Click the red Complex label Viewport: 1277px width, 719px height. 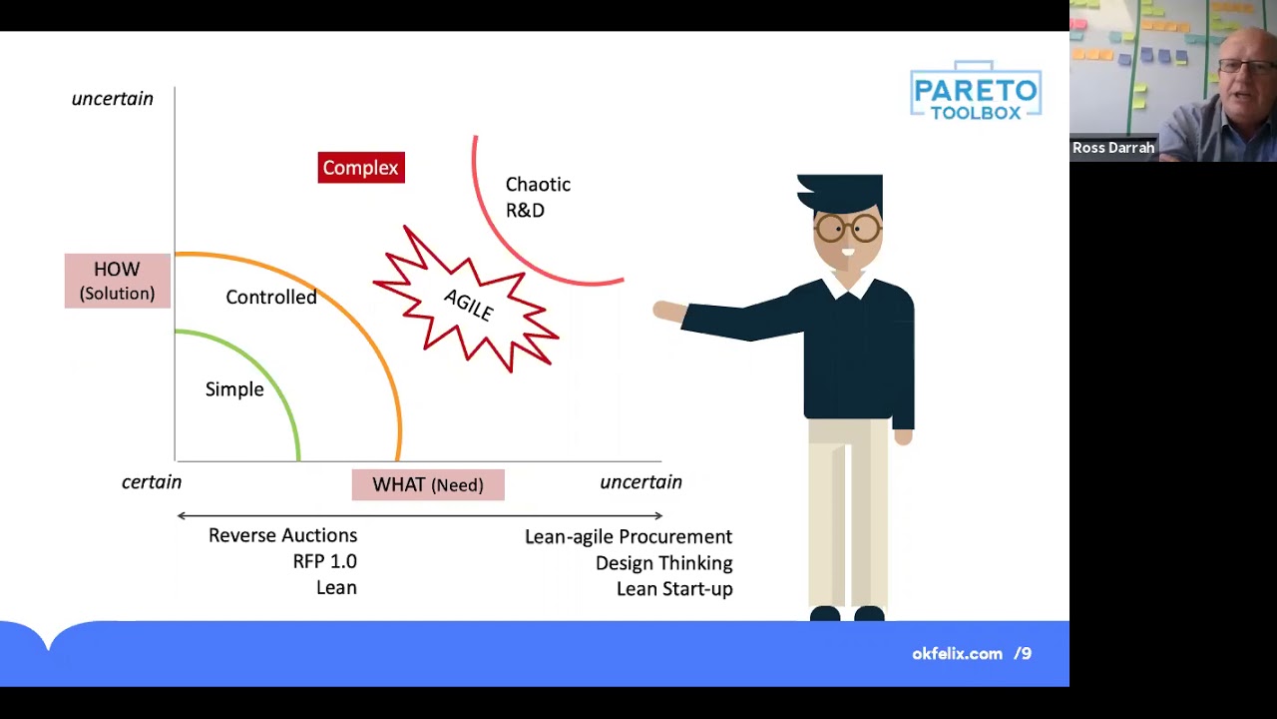click(361, 168)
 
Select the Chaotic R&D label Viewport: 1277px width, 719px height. click(538, 197)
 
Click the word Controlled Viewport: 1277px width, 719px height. click(271, 298)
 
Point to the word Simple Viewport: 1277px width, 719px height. click(234, 389)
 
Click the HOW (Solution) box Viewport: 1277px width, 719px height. click(118, 281)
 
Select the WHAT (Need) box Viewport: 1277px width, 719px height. click(428, 485)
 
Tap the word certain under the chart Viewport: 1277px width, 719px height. click(152, 482)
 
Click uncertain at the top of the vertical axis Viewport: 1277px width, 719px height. click(113, 99)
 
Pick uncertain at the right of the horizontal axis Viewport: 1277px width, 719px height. click(640, 482)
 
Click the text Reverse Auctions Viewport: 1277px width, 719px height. click(282, 536)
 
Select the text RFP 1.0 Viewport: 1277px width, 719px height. click(324, 562)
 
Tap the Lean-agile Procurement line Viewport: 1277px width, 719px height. click(629, 537)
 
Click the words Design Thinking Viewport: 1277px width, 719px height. click(663, 563)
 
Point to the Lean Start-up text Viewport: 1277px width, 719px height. click(674, 589)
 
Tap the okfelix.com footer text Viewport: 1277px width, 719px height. click(957, 654)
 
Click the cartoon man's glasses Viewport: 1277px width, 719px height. click(847, 229)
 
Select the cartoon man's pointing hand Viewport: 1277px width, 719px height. click(666, 312)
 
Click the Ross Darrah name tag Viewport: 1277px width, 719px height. click(1113, 148)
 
